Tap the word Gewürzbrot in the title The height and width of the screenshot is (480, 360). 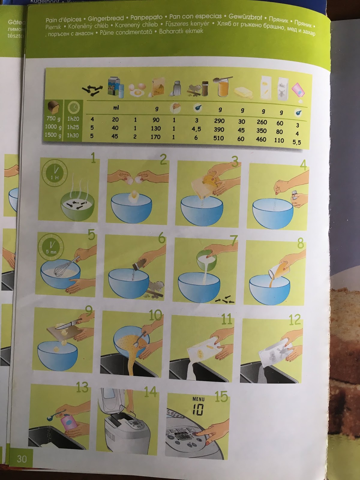click(x=245, y=17)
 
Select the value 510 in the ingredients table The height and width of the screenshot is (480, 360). click(x=218, y=138)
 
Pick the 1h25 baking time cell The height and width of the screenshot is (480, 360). click(x=73, y=127)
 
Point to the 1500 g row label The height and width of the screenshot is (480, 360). click(x=53, y=135)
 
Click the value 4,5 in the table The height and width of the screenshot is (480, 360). click(x=196, y=129)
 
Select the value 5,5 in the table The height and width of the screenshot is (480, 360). click(x=296, y=142)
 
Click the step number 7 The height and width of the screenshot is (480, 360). click(x=233, y=241)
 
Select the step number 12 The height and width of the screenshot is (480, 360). click(x=294, y=320)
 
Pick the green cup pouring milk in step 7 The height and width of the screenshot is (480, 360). click(x=207, y=257)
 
